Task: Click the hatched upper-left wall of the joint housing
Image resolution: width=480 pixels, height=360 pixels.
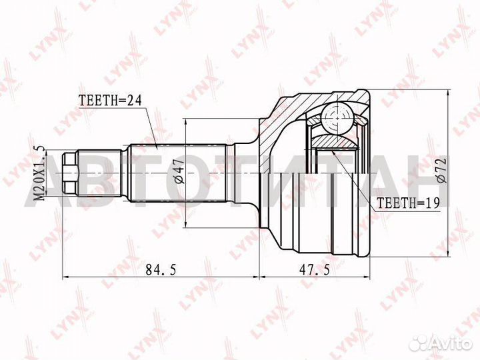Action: tap(280, 117)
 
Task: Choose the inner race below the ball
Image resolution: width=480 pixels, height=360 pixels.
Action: tap(333, 141)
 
